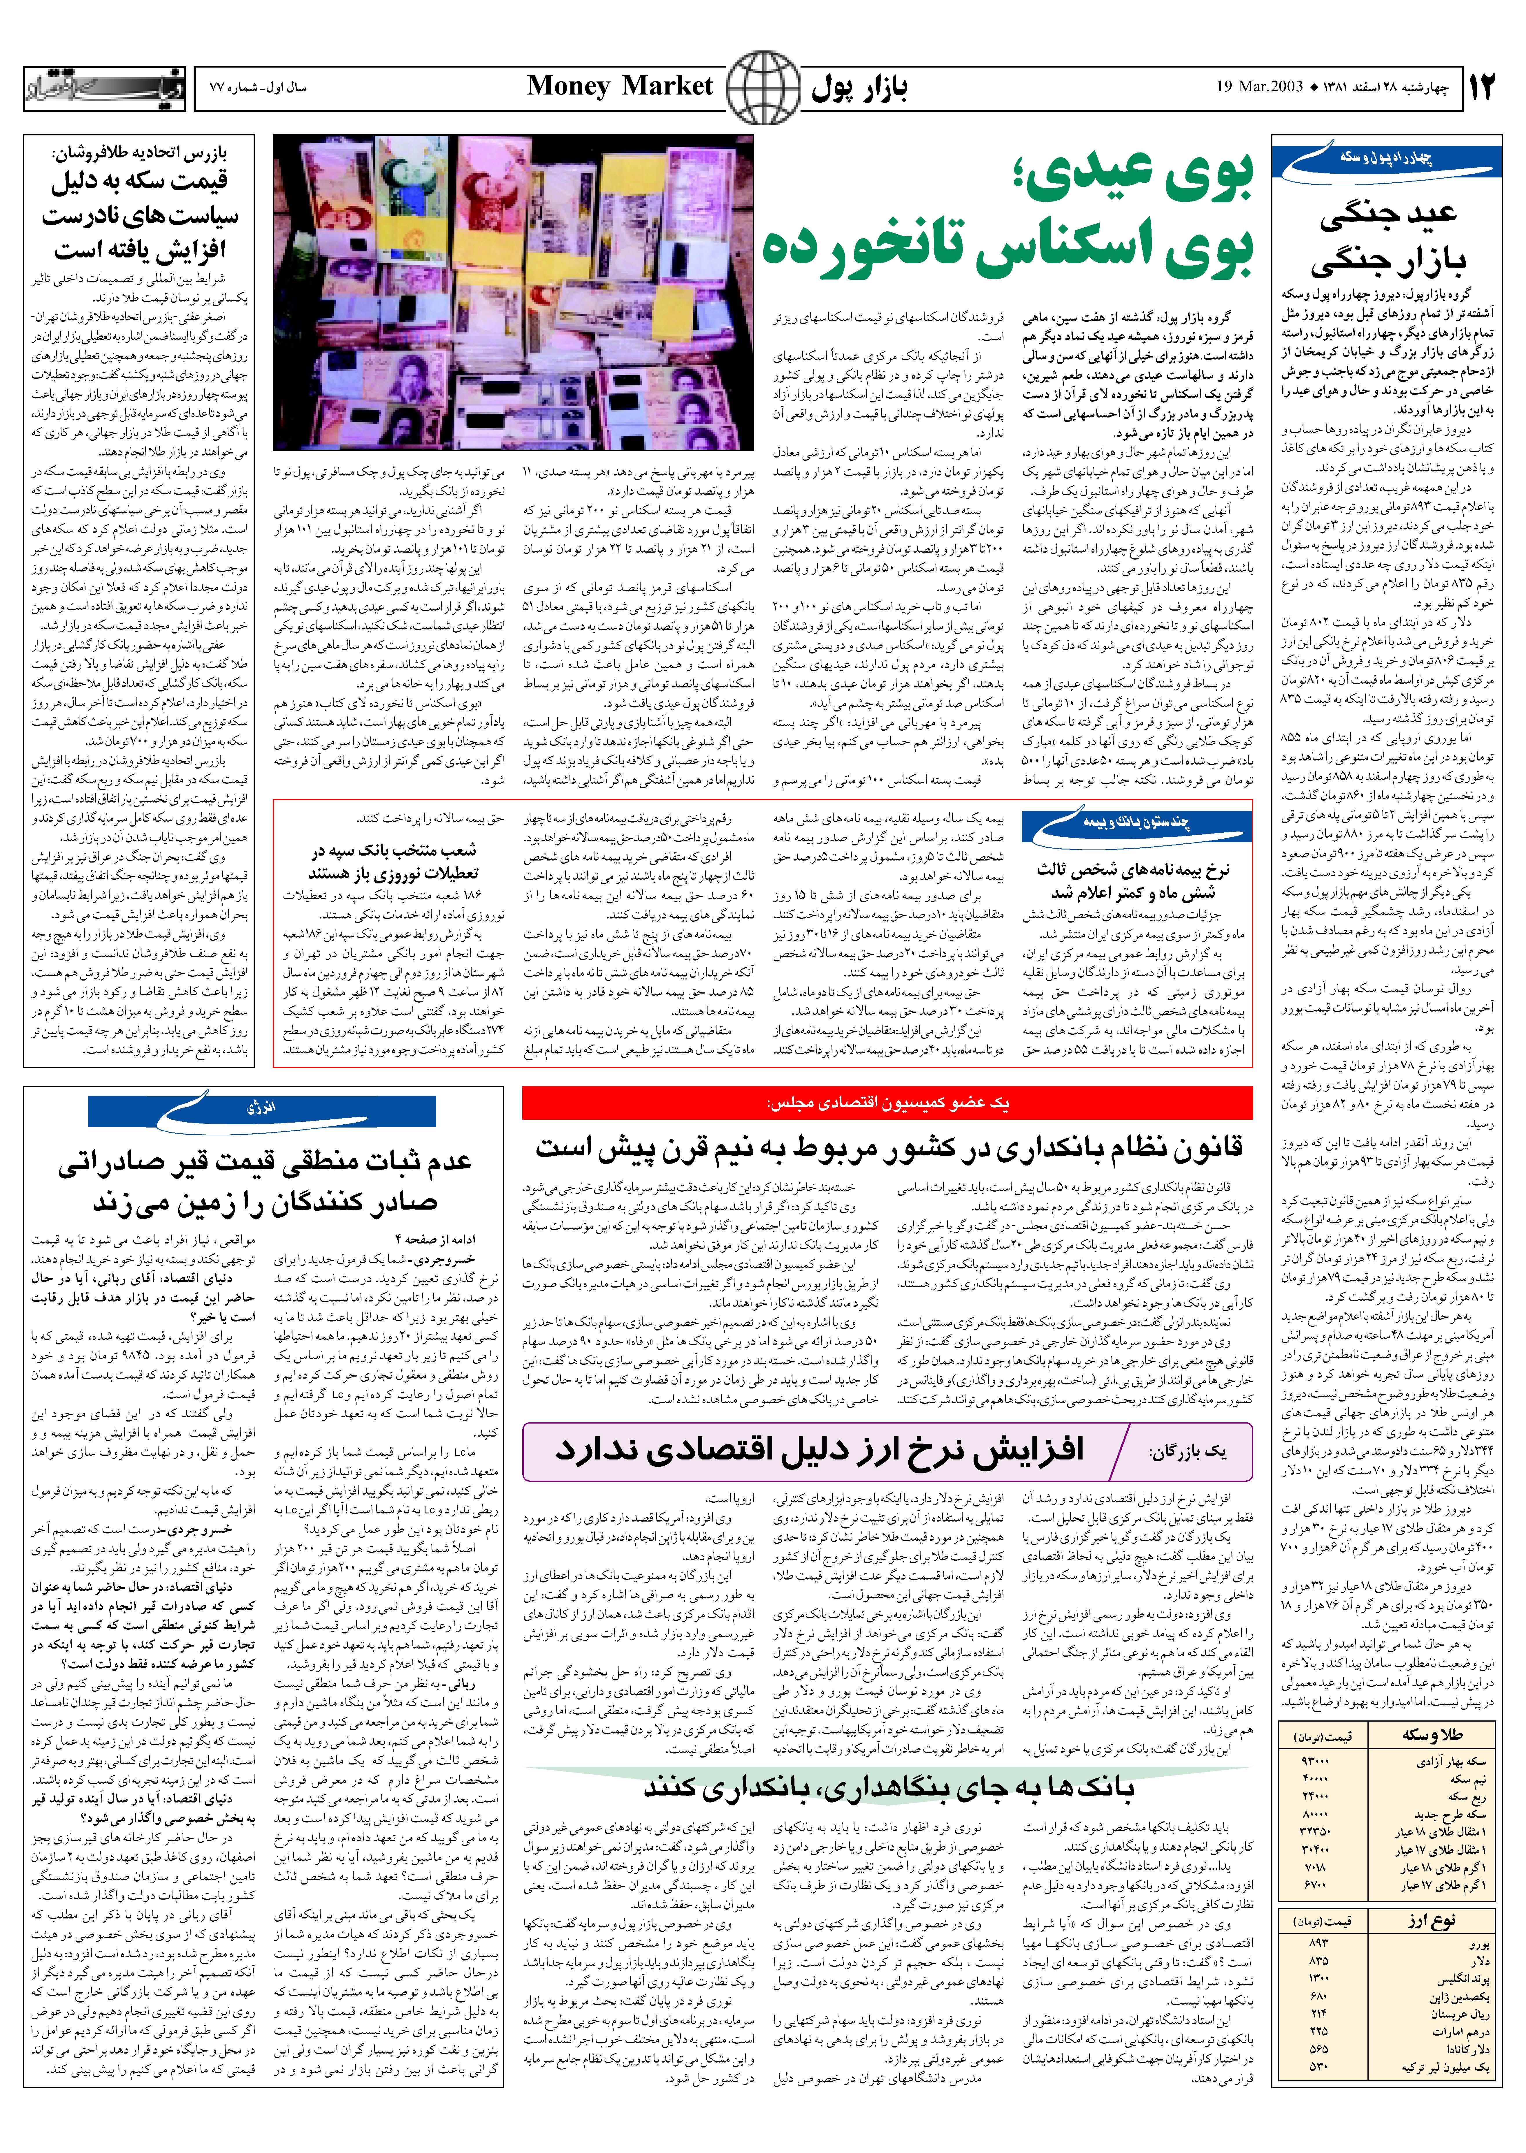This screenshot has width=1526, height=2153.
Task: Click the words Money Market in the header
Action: click(620, 86)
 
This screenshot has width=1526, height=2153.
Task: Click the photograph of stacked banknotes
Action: click(513, 293)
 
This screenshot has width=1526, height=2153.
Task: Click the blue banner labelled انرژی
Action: click(260, 1109)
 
